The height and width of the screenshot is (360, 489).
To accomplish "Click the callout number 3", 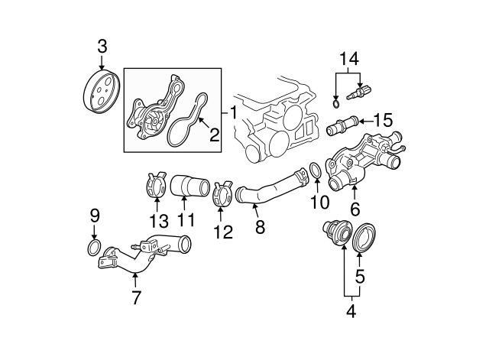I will point(102,47).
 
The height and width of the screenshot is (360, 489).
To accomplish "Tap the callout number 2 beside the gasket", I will point(215,136).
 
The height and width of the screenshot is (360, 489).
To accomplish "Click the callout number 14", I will point(348,58).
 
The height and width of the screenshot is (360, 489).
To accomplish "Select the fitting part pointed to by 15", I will point(342,122).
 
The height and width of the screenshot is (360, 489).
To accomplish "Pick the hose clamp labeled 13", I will point(157,187).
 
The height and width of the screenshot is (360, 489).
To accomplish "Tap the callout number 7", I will point(136,297).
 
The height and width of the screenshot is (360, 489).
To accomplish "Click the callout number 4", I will point(351,312).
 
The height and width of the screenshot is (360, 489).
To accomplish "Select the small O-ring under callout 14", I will point(337,103).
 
